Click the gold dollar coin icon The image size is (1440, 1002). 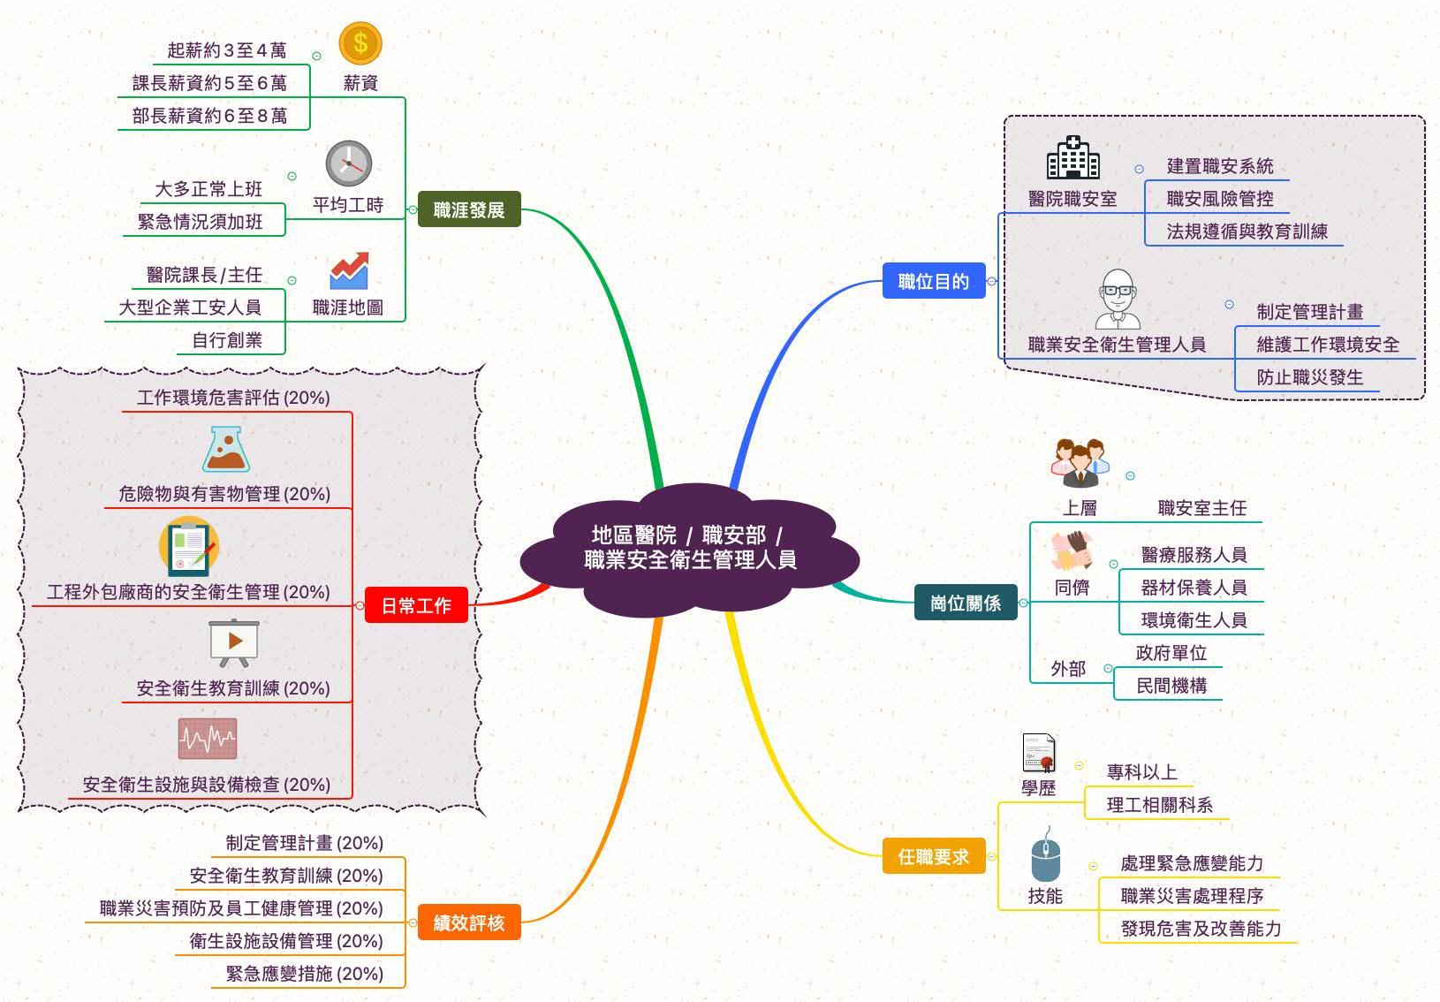pyautogui.click(x=360, y=43)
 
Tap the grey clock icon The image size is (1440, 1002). pyautogui.click(x=349, y=163)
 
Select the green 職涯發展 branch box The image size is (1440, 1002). pyautogui.click(x=469, y=209)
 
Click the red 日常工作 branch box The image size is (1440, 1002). pyautogui.click(x=416, y=605)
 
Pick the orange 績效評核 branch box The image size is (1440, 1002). pyautogui.click(x=469, y=922)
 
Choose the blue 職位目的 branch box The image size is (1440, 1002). pyautogui.click(x=934, y=281)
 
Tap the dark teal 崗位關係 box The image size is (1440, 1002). pyautogui.click(x=966, y=603)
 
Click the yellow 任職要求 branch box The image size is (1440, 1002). pyautogui.click(x=934, y=855)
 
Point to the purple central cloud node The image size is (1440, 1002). pyautogui.click(x=690, y=548)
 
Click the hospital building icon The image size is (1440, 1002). pyautogui.click(x=1072, y=159)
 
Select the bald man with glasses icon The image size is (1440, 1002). pyautogui.click(x=1117, y=299)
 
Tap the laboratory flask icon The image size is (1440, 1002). pyautogui.click(x=226, y=450)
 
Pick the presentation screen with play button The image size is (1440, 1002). pyautogui.click(x=234, y=642)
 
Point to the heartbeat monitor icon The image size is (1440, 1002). pyautogui.click(x=208, y=739)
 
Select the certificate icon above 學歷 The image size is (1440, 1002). pyautogui.click(x=1039, y=753)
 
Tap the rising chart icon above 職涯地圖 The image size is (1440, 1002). pyautogui.click(x=349, y=272)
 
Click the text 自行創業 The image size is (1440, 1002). pyautogui.click(x=227, y=340)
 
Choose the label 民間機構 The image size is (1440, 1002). pyautogui.click(x=1171, y=686)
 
